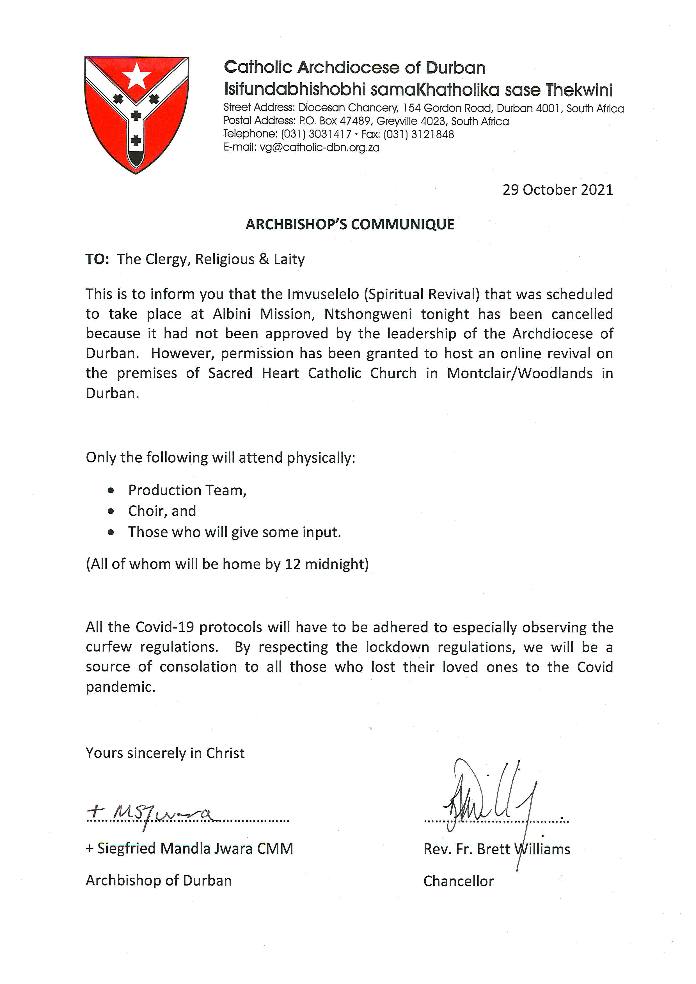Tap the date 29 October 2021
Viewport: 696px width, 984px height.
[558, 190]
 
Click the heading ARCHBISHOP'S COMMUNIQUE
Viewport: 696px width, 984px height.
[350, 224]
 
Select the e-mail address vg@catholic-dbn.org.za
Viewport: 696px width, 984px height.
[319, 148]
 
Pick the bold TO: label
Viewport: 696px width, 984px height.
[97, 259]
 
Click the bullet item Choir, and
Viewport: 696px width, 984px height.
[162, 511]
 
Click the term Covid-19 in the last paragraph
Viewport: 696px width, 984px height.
[165, 627]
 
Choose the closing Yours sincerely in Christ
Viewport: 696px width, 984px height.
[165, 753]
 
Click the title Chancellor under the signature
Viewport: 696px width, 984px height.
[459, 881]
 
